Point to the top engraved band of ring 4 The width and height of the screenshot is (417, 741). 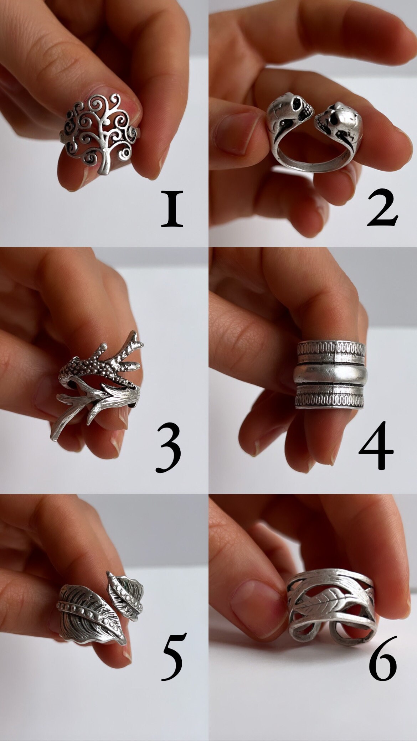click(331, 351)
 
